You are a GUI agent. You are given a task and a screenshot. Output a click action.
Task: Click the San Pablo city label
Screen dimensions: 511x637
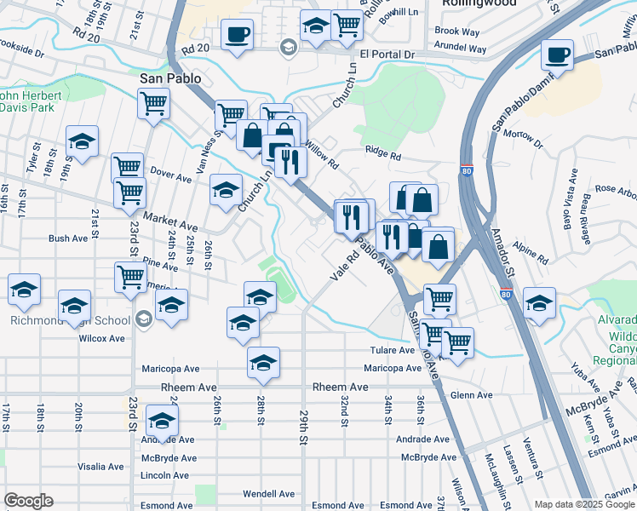pyautogui.click(x=170, y=78)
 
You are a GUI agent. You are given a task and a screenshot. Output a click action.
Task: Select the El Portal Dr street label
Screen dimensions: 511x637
pyautogui.click(x=387, y=55)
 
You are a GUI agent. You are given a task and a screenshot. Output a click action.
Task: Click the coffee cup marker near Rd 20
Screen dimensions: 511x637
pyautogui.click(x=237, y=35)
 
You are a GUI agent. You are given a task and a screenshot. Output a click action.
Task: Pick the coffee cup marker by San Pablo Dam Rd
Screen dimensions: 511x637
pyautogui.click(x=557, y=55)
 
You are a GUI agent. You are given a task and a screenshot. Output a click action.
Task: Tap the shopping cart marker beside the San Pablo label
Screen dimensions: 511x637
pyautogui.click(x=153, y=104)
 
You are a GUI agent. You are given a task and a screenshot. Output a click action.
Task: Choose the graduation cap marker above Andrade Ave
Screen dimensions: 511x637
pyautogui.click(x=162, y=420)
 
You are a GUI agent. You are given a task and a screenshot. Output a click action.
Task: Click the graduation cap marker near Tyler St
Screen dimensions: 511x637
pyautogui.click(x=83, y=141)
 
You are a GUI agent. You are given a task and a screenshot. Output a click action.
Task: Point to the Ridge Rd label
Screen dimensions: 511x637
pyautogui.click(x=382, y=156)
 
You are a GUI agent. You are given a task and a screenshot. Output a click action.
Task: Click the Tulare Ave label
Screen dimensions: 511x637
pyautogui.click(x=391, y=351)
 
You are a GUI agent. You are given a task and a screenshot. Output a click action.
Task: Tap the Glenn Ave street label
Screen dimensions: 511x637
pyautogui.click(x=472, y=395)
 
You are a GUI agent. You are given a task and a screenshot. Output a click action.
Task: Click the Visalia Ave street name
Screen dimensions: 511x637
pyautogui.click(x=100, y=467)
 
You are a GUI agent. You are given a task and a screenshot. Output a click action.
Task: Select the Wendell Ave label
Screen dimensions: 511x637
pyautogui.click(x=268, y=494)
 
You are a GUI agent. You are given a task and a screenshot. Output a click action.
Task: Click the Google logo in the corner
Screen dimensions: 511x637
pyautogui.click(x=28, y=501)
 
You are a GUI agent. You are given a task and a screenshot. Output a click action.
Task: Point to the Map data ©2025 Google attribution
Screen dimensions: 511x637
pyautogui.click(x=583, y=504)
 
